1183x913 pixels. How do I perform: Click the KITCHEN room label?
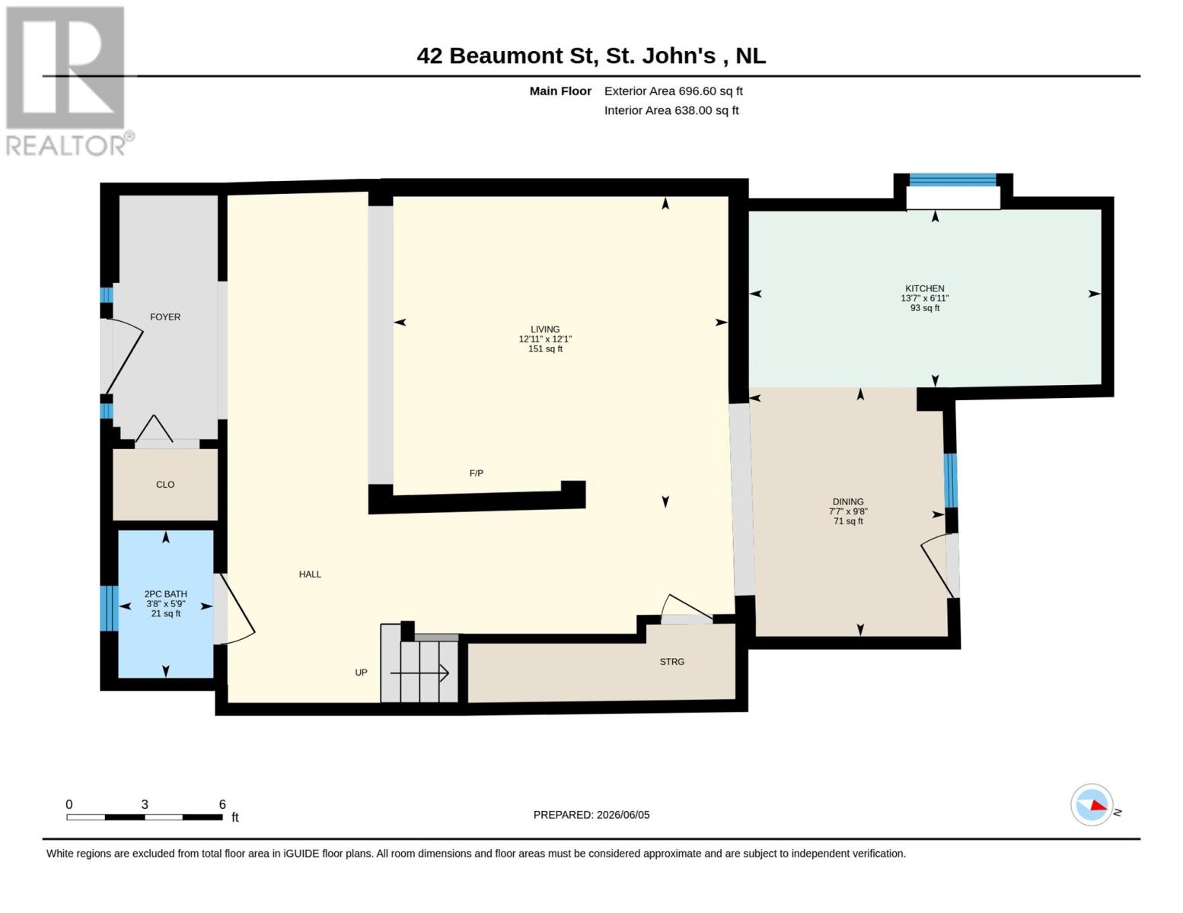(x=924, y=288)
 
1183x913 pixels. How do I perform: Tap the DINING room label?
(x=847, y=501)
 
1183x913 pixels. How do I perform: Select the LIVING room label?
(x=545, y=329)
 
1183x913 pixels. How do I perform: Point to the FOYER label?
(x=165, y=317)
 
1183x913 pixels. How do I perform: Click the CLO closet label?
(x=165, y=484)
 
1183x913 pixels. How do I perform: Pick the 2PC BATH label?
(x=165, y=594)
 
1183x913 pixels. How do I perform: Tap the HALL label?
(x=310, y=574)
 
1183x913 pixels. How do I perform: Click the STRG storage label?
(x=671, y=662)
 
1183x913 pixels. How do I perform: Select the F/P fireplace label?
(x=476, y=473)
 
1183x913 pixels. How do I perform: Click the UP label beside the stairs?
(x=361, y=673)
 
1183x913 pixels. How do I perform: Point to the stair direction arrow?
(x=419, y=673)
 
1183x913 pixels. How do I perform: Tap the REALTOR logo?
(x=68, y=81)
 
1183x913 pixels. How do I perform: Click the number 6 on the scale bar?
(x=222, y=804)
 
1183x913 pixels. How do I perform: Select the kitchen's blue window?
(x=952, y=180)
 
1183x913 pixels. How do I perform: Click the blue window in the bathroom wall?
(x=109, y=608)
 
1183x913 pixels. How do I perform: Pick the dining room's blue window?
(x=950, y=480)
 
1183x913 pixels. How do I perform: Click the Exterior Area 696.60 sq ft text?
(x=674, y=91)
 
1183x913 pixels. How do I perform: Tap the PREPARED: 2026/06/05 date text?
(x=591, y=815)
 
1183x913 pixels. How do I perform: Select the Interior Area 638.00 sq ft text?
(x=671, y=110)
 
